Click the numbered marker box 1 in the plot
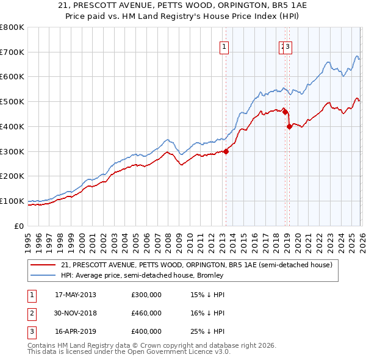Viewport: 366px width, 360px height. tap(224, 46)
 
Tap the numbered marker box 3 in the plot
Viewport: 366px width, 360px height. tap(288, 46)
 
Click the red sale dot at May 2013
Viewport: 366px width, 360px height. tap(226, 151)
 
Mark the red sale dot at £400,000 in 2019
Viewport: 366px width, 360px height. tap(289, 126)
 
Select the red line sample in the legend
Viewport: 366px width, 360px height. tap(44, 265)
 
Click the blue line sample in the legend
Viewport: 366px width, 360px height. tap(44, 275)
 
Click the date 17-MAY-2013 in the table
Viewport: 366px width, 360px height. tap(75, 295)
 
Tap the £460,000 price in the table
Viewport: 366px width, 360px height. tap(146, 313)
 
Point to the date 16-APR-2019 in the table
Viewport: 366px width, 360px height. tap(75, 331)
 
